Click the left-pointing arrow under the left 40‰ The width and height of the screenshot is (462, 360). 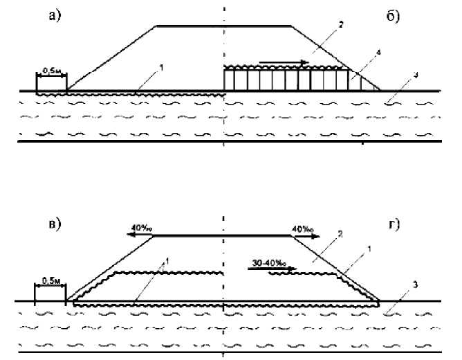[138, 235]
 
